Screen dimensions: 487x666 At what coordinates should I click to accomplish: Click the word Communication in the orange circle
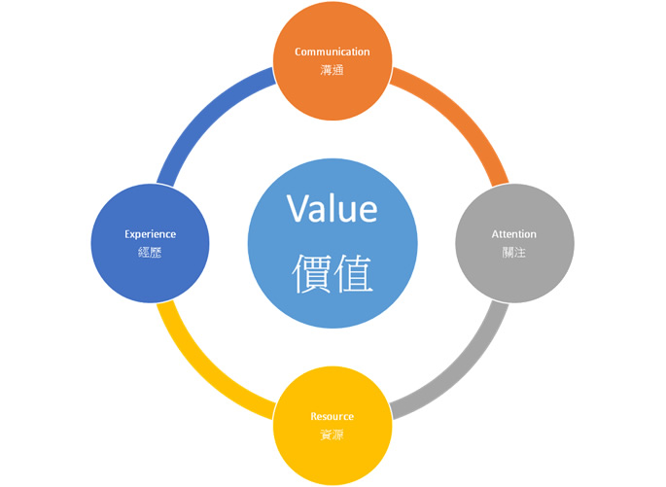tap(333, 52)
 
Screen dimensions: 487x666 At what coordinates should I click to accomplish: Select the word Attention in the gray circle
tap(513, 234)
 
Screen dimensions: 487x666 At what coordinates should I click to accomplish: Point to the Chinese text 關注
tap(513, 252)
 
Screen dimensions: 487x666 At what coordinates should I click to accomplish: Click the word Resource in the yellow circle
tap(333, 416)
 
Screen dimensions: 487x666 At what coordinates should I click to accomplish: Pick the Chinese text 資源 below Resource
tap(333, 435)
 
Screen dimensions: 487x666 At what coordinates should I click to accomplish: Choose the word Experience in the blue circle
tap(150, 234)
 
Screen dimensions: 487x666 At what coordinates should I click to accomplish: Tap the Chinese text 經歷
tap(150, 252)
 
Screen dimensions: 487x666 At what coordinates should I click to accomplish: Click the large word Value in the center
tap(332, 209)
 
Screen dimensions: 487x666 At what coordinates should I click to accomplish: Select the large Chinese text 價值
tap(333, 273)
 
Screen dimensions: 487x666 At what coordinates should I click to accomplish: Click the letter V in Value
tap(298, 209)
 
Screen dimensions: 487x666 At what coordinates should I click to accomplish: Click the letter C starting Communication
tap(298, 52)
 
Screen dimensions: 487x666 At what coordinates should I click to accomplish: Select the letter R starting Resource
tap(314, 416)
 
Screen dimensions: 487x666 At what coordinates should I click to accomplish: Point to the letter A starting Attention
tap(494, 234)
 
